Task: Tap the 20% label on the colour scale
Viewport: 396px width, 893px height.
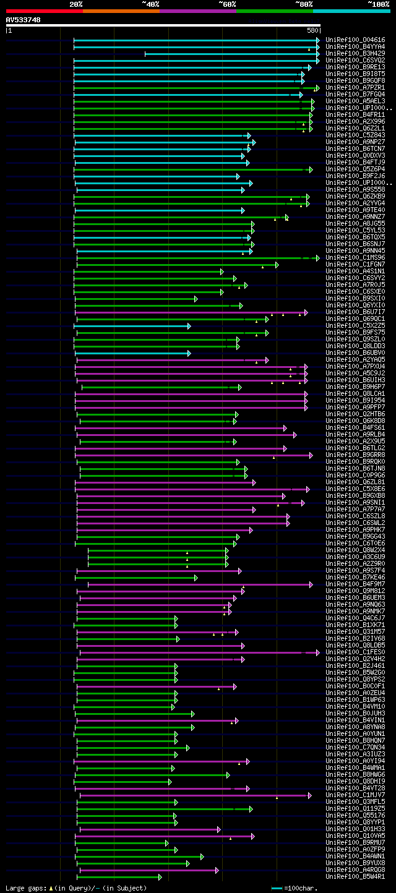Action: (76, 4)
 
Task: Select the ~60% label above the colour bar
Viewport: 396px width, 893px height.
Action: (227, 4)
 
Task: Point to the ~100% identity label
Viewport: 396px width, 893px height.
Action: (378, 4)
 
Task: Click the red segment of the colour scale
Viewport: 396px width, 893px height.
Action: (44, 11)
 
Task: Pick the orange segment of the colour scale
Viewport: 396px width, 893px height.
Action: (121, 11)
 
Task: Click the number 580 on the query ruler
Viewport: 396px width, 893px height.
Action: (312, 30)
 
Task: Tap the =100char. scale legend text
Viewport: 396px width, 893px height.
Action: (303, 888)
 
